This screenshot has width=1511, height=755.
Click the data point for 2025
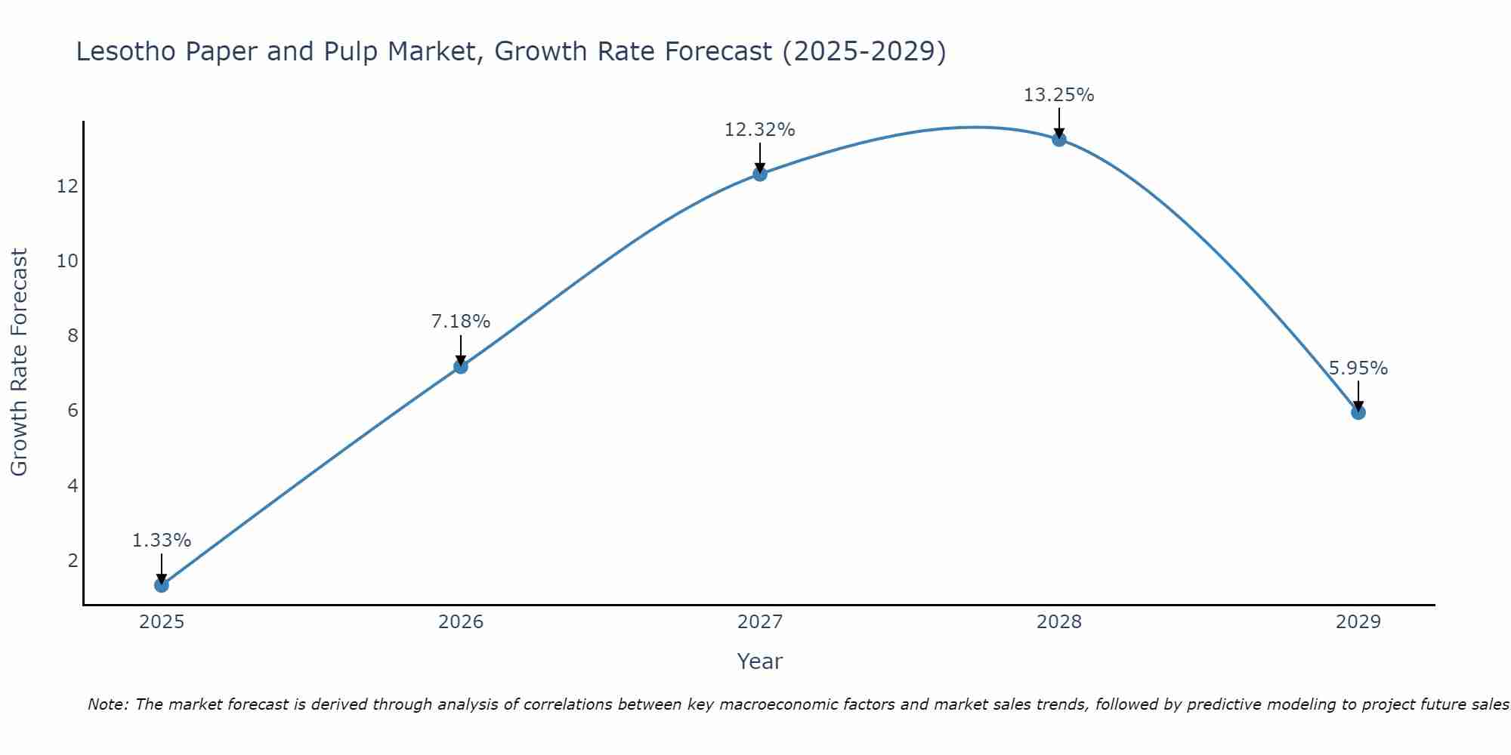161,584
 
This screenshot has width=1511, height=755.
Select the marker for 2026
460,366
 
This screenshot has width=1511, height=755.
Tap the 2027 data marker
759,174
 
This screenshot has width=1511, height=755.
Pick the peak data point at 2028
1058,139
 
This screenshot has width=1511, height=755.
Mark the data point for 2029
1358,412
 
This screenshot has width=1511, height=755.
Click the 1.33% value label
161,541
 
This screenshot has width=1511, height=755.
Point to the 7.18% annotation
460,322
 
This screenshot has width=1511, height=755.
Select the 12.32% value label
759,130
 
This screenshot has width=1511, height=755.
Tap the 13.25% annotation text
1058,95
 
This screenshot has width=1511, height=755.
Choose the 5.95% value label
1358,368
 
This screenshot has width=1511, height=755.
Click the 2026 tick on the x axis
460,622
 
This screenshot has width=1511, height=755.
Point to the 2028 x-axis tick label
1058,622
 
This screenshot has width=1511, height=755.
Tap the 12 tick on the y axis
67,186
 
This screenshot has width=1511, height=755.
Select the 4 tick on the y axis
73,485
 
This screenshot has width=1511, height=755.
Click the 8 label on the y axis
73,335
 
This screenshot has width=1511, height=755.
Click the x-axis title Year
759,661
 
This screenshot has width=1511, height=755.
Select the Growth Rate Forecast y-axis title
20,362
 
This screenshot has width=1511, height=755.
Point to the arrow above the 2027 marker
759,157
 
